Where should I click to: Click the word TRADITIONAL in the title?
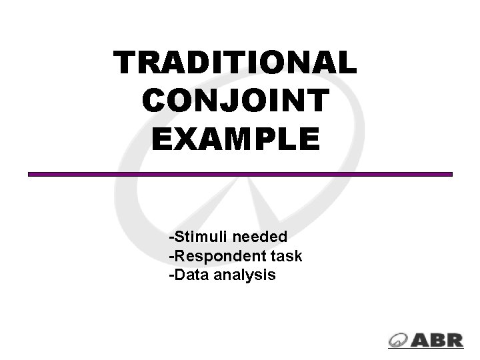(235, 63)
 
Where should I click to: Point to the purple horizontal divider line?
(240, 174)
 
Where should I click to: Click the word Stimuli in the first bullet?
(197, 237)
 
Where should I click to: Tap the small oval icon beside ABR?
(399, 340)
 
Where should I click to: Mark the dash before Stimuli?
(172, 237)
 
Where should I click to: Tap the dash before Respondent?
(172, 256)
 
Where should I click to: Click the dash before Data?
(172, 275)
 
